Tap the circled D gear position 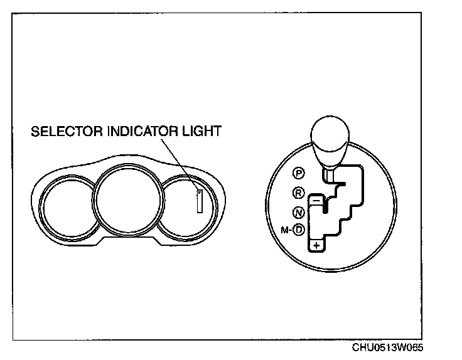click(299, 230)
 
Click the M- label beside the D click(286, 230)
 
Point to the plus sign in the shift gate click(317, 245)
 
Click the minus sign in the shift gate click(317, 199)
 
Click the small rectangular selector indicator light click(200, 201)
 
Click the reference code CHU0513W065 click(392, 348)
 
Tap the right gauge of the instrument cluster click(188, 204)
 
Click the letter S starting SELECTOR click(35, 132)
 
